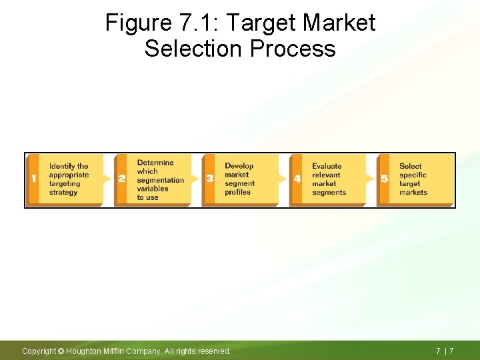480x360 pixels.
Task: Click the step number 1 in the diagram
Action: pyautogui.click(x=33, y=179)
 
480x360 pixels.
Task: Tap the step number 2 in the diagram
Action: pyautogui.click(x=121, y=179)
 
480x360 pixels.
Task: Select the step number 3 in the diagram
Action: pyautogui.click(x=210, y=179)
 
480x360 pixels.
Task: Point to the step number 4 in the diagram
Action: pyautogui.click(x=297, y=179)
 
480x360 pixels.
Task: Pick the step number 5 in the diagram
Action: pyautogui.click(x=384, y=179)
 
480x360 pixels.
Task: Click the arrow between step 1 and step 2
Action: pyautogui.click(x=108, y=179)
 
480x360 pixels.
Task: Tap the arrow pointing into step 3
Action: pyautogui.click(x=195, y=179)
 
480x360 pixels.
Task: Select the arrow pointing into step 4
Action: pyautogui.click(x=283, y=179)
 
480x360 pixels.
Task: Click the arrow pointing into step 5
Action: pyautogui.click(x=371, y=179)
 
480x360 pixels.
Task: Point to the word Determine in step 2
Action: pyautogui.click(x=155, y=163)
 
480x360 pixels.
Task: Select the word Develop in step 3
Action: pyautogui.click(x=239, y=166)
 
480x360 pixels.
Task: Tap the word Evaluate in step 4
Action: pyautogui.click(x=327, y=166)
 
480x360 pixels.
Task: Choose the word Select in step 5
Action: pyautogui.click(x=411, y=166)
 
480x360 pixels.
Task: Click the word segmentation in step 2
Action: pyautogui.click(x=161, y=180)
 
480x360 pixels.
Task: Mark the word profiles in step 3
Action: pyautogui.click(x=237, y=192)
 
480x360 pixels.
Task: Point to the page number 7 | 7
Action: pyautogui.click(x=445, y=351)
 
